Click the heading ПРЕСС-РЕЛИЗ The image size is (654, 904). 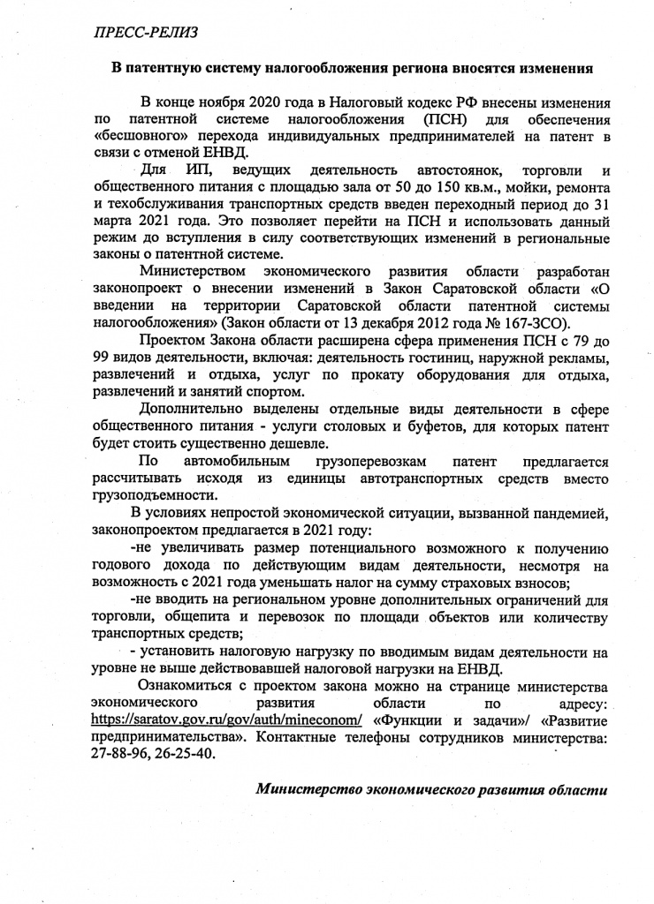point(146,32)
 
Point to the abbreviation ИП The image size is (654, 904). point(200,169)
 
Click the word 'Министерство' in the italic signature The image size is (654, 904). point(305,789)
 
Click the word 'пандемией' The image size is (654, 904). point(569,513)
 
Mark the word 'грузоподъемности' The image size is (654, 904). point(152,495)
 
